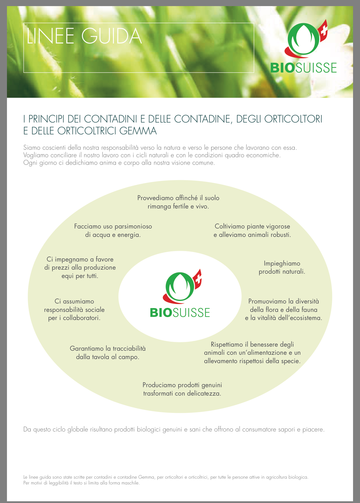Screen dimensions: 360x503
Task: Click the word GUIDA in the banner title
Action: click(112, 36)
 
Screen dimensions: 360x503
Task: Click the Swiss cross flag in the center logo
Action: click(197, 279)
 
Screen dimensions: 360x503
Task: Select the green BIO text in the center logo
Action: click(161, 313)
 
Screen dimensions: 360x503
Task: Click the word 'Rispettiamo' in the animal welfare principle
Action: click(227, 345)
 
